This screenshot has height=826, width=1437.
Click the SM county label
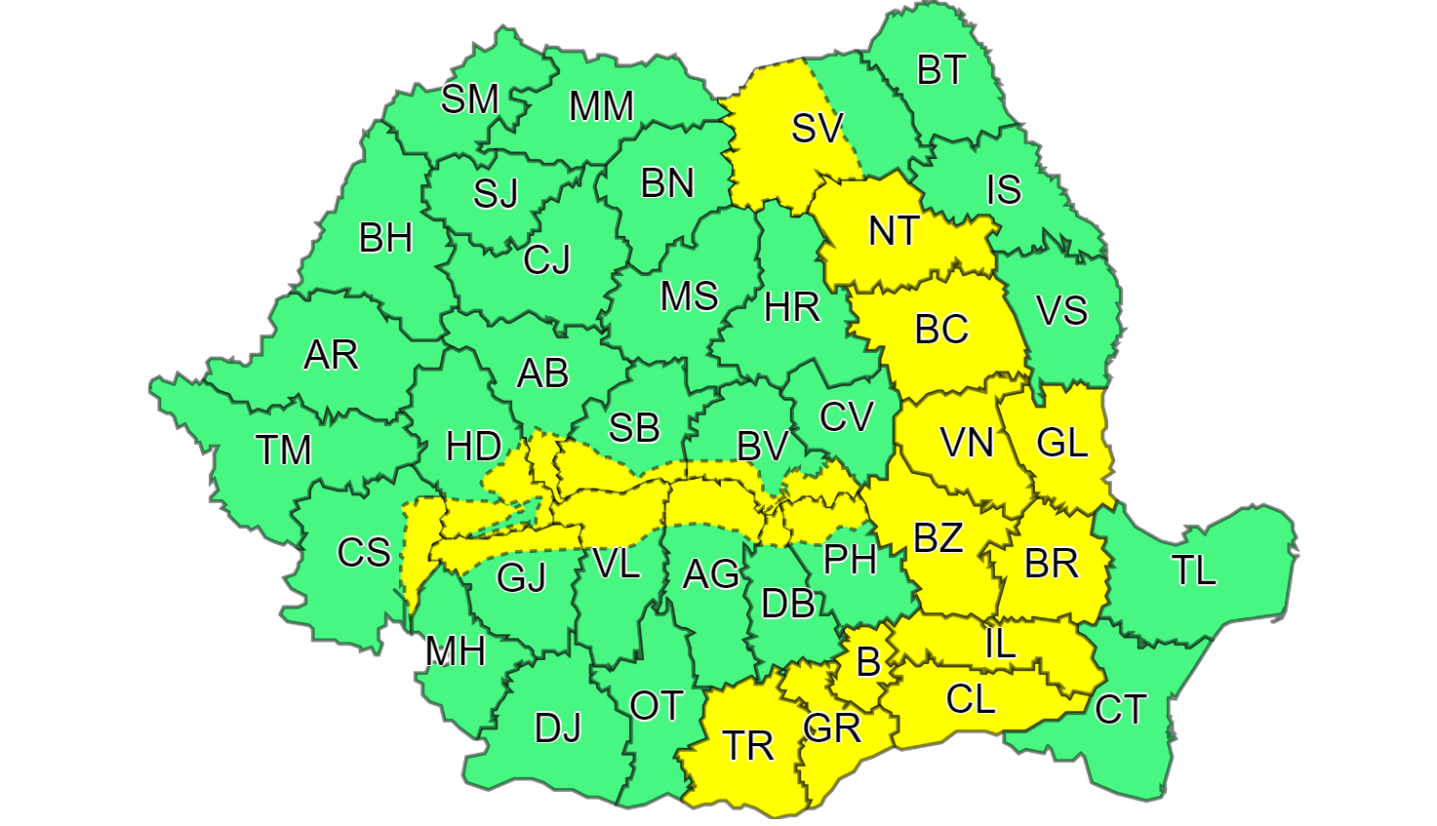pos(469,98)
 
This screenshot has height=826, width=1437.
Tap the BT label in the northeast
pos(940,70)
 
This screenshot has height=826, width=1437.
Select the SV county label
pos(817,128)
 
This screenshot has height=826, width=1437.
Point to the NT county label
pos(893,232)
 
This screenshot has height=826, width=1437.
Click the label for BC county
pos(940,330)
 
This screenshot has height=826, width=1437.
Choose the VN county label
pos(967,444)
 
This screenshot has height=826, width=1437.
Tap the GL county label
pos(1061,444)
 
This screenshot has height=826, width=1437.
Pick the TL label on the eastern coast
pos(1193,570)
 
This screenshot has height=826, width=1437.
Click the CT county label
pos(1119,709)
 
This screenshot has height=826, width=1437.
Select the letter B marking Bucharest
pos(867,663)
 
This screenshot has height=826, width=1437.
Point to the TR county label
pos(748,746)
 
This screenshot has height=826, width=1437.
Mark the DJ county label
pos(557,728)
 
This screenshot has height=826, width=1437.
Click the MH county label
pos(455,650)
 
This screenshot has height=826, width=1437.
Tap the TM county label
pos(283,451)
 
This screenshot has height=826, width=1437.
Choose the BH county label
pos(385,239)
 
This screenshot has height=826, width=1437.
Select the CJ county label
pos(546,260)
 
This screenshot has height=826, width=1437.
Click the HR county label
pos(791,308)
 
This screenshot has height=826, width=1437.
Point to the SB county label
pos(633,428)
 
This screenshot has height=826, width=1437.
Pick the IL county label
pos(1000,644)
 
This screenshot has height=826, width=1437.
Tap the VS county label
pos(1061,311)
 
